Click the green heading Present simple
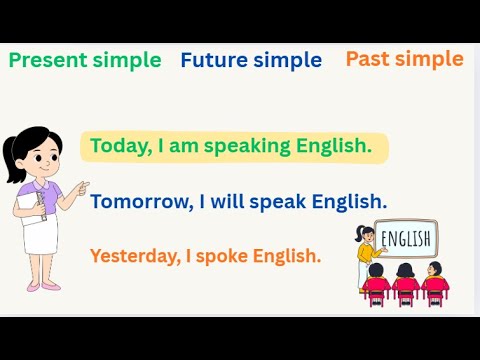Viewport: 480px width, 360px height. click(85, 60)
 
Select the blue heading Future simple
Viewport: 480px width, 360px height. click(251, 60)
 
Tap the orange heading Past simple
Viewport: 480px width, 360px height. click(404, 58)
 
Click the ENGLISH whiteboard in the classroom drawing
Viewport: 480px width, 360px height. click(406, 238)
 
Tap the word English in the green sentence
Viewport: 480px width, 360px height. click(333, 147)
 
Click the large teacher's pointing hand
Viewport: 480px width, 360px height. click(83, 187)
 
